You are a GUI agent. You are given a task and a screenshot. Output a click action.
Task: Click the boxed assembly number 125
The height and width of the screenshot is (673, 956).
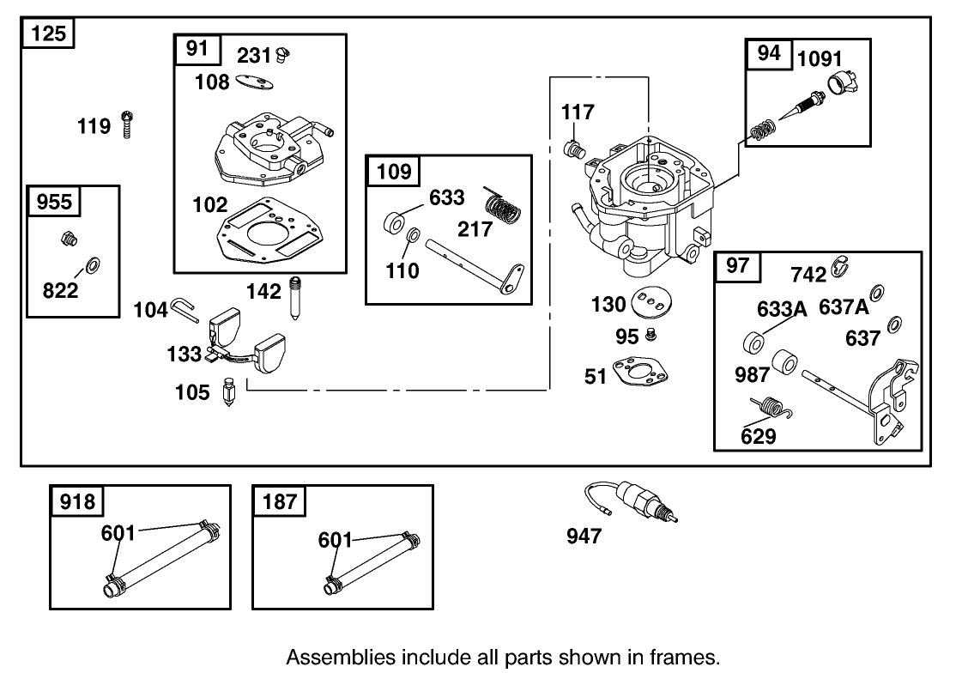[48, 35]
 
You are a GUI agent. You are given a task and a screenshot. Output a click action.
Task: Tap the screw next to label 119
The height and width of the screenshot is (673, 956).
[127, 125]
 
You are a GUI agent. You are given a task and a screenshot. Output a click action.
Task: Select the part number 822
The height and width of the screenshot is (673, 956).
[60, 290]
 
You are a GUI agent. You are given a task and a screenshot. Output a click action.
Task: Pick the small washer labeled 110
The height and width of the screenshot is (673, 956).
[413, 235]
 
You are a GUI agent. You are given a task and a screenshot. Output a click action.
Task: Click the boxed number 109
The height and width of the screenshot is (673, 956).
[394, 172]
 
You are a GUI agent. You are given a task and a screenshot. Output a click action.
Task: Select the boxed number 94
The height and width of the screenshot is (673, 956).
[769, 53]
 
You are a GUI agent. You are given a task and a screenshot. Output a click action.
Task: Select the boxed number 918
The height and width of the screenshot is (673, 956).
[76, 501]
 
